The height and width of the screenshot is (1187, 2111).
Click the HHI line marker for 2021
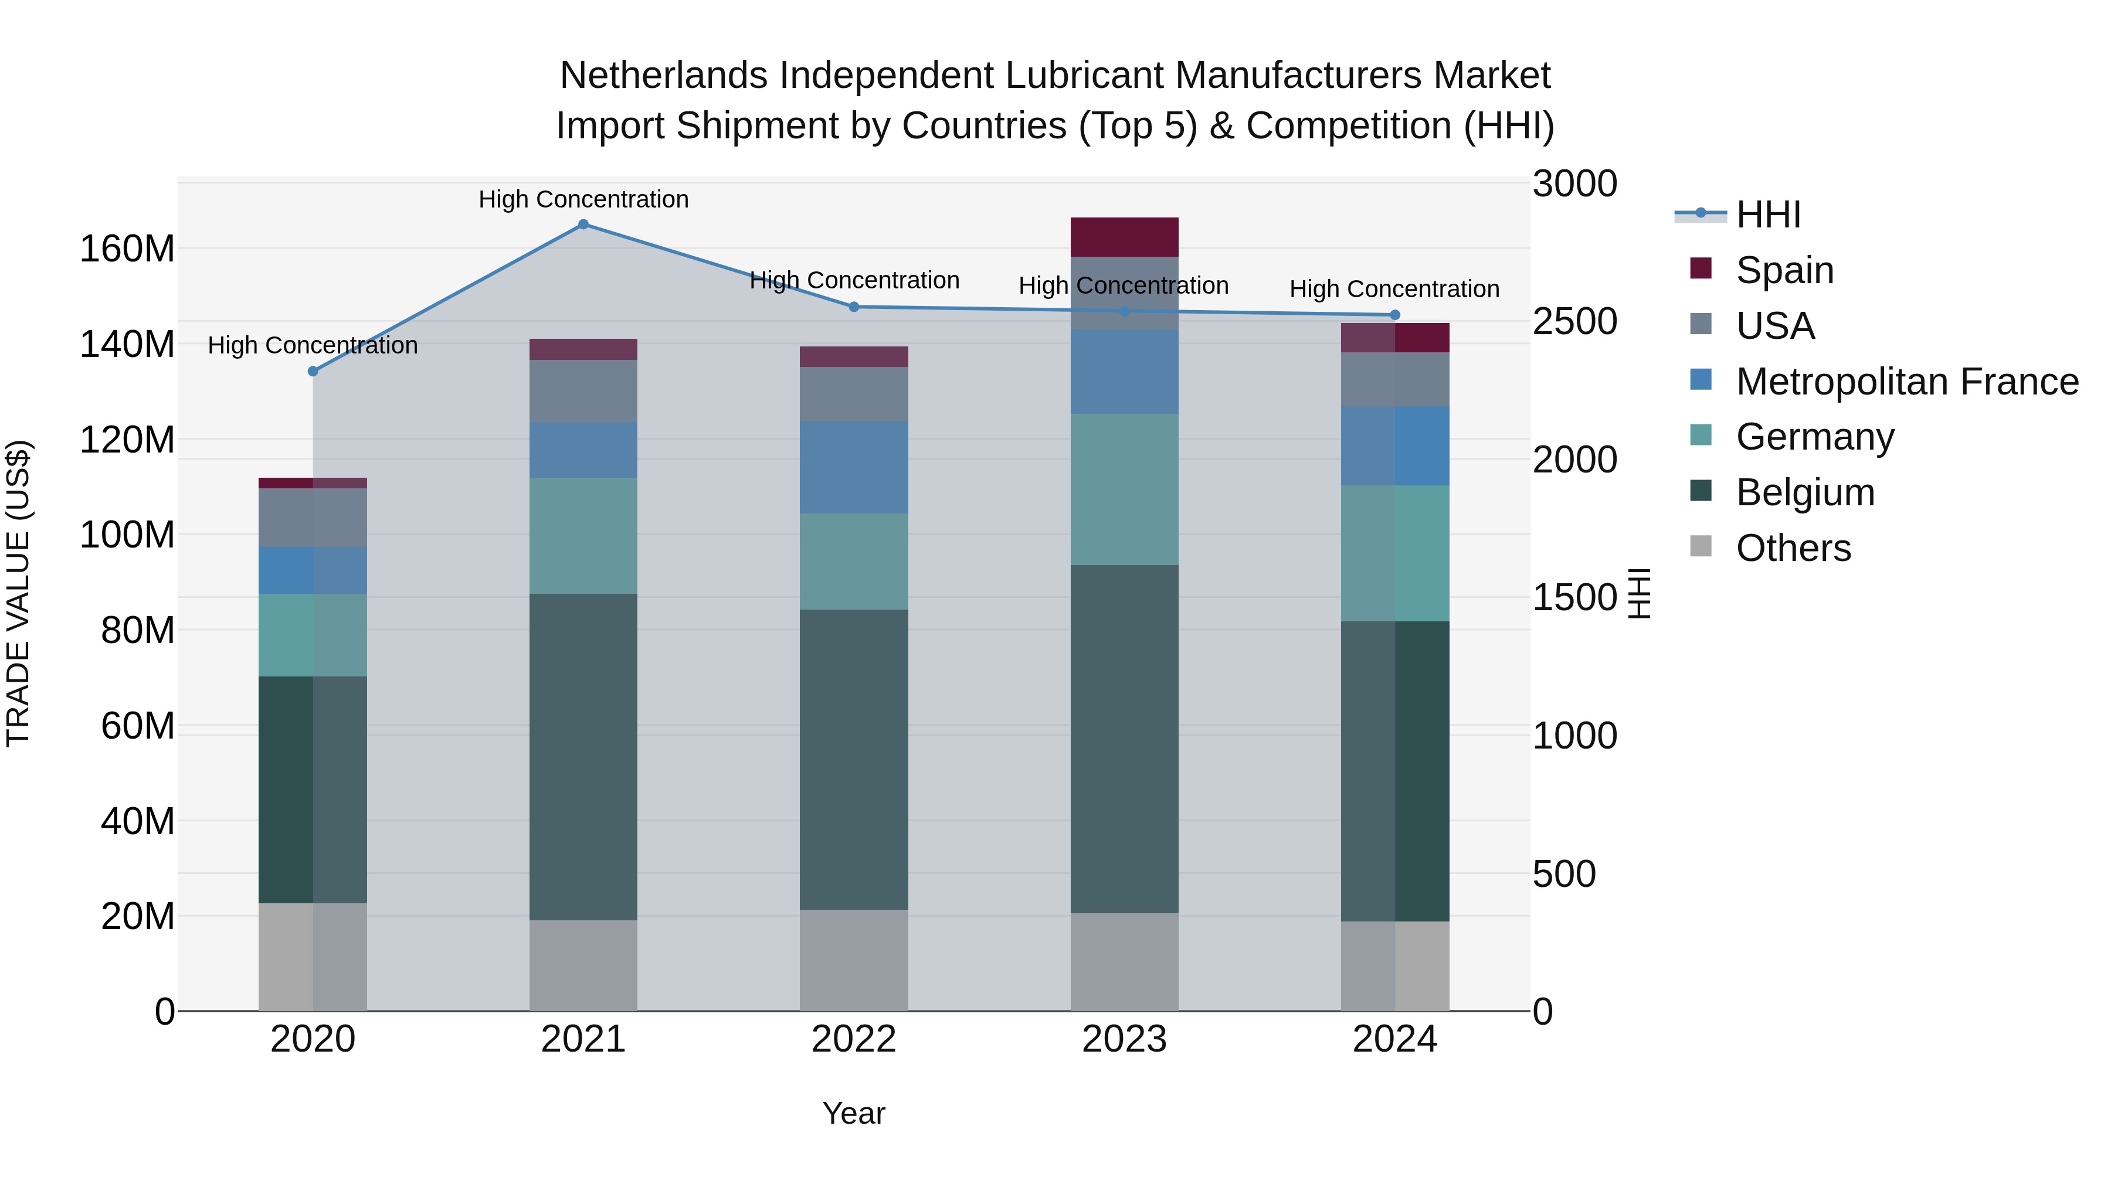pos(583,225)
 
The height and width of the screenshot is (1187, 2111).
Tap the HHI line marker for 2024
pos(1395,315)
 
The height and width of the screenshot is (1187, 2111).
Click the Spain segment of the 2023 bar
pos(1124,237)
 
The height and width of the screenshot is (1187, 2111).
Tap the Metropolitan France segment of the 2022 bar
pos(853,467)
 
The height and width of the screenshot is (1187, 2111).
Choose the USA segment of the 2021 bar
pos(583,391)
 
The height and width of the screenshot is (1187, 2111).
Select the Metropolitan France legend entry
pos(1906,382)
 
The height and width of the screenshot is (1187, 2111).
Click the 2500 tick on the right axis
pos(1574,322)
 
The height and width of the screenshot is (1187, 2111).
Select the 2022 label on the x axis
pos(853,1039)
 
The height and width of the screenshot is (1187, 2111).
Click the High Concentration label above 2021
pos(583,199)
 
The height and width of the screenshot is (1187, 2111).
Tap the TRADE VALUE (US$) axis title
pos(18,593)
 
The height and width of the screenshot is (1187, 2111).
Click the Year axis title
pos(853,1113)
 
